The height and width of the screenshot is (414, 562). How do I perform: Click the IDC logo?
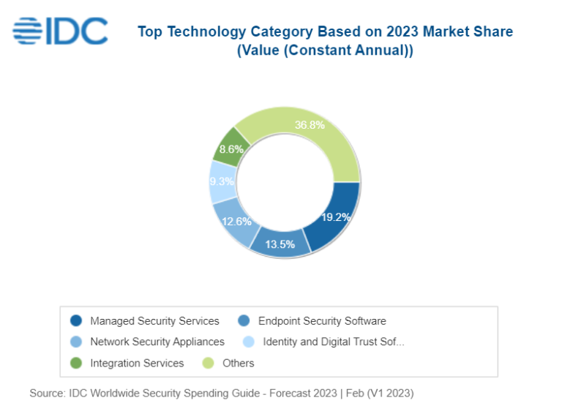(x=60, y=31)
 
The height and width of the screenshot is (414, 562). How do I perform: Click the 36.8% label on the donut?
(x=310, y=125)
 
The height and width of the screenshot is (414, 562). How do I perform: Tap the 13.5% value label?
(x=280, y=244)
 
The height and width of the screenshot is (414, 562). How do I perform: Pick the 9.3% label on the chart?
(x=222, y=181)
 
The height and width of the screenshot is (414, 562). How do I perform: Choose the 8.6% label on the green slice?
(x=231, y=149)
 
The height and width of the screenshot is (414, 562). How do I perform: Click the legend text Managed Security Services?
(x=154, y=321)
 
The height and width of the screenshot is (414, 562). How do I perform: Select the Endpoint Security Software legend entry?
(x=322, y=321)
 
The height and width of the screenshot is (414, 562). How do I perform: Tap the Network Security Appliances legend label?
(x=157, y=342)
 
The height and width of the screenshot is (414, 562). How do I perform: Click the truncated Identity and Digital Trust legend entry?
(x=333, y=342)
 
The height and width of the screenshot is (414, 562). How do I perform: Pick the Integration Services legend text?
(x=137, y=363)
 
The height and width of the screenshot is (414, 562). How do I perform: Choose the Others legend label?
(x=238, y=363)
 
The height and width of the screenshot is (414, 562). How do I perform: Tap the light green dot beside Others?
(x=209, y=363)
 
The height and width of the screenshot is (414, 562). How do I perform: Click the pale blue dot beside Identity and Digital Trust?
(x=249, y=342)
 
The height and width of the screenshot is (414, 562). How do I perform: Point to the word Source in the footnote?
(x=46, y=394)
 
